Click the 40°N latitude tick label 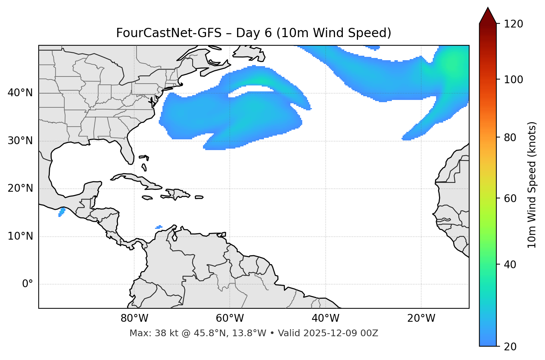(x=20, y=93)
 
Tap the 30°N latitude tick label (x=20, y=141)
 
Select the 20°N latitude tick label (x=20, y=189)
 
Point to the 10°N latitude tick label (x=20, y=236)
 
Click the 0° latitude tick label (x=28, y=284)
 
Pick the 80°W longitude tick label (x=134, y=318)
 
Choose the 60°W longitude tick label (x=230, y=318)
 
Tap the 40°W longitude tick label (x=325, y=318)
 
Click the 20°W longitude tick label (x=421, y=318)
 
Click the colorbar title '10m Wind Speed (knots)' (x=532, y=185)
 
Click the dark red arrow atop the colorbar (x=488, y=16)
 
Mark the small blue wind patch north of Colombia (x=159, y=227)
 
